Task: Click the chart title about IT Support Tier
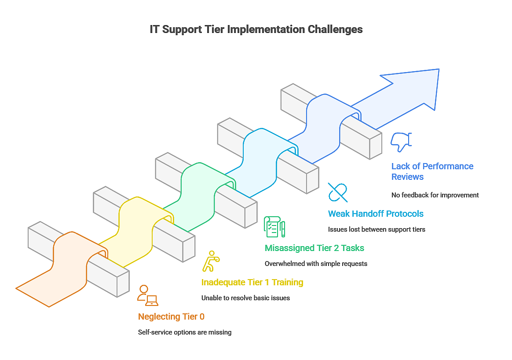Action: coord(256,29)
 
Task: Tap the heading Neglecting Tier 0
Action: coord(171,316)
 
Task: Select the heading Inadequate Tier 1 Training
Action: coord(252,282)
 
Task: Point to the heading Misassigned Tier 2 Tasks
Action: coord(314,248)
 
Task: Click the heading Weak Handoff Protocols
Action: coord(376,214)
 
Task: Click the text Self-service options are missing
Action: coord(184,332)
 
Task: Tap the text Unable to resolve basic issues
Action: coord(245,298)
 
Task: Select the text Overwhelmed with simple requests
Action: coord(315,264)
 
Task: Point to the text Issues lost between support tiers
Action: coord(377,229)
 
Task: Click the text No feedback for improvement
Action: coord(435,195)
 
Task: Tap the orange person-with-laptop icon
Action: coord(147,295)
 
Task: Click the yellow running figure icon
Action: coord(211,261)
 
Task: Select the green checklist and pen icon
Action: coord(274,227)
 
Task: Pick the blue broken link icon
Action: coord(338,193)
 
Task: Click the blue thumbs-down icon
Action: coord(401,142)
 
